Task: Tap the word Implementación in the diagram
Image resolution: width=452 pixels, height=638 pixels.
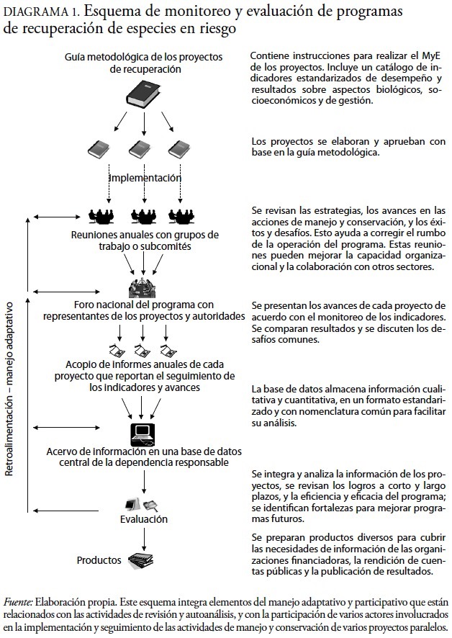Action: pyautogui.click(x=145, y=177)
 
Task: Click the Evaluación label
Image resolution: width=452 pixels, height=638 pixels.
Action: pyautogui.click(x=143, y=518)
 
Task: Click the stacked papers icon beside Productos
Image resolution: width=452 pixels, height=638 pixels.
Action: pyautogui.click(x=140, y=559)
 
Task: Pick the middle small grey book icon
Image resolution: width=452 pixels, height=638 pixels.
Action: pyautogui.click(x=139, y=150)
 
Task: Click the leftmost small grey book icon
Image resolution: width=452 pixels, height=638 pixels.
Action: pyautogui.click(x=99, y=150)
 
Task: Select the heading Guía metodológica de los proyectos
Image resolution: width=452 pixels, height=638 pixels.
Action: pyautogui.click(x=144, y=56)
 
